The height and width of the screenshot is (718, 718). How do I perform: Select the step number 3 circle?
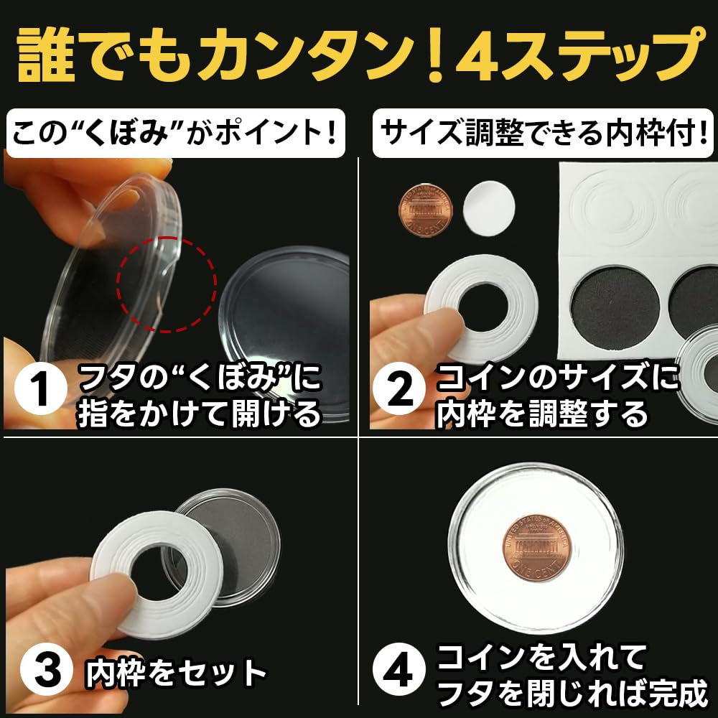point(40,673)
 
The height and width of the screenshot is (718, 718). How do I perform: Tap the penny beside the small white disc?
point(425,210)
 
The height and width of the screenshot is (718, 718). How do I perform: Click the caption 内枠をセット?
point(176,674)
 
